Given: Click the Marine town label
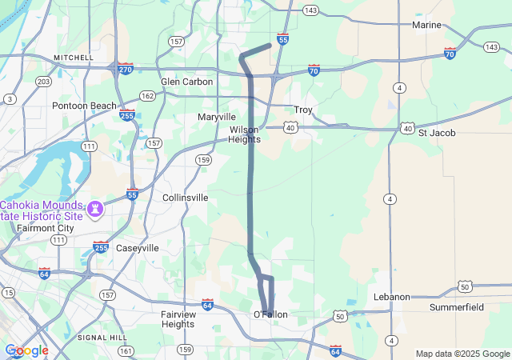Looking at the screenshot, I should [426, 26].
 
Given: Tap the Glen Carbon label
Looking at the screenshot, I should [186, 82].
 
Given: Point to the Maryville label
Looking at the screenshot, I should [217, 117].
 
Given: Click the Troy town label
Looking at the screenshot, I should [303, 110].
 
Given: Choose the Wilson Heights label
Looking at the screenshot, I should [245, 134].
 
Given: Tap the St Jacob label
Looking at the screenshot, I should [437, 133].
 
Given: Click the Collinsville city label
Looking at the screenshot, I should [185, 197].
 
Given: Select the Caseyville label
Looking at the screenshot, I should [138, 248].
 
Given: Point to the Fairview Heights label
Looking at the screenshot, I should [178, 319].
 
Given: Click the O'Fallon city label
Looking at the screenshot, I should [270, 314].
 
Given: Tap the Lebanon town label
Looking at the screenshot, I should [392, 297].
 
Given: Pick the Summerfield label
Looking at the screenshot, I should [457, 307].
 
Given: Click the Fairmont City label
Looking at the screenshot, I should [45, 227].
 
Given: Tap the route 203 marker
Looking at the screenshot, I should [44, 82].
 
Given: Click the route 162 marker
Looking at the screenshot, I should [147, 96].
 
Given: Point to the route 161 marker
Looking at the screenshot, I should [125, 350].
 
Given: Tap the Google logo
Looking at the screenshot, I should [26, 350].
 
